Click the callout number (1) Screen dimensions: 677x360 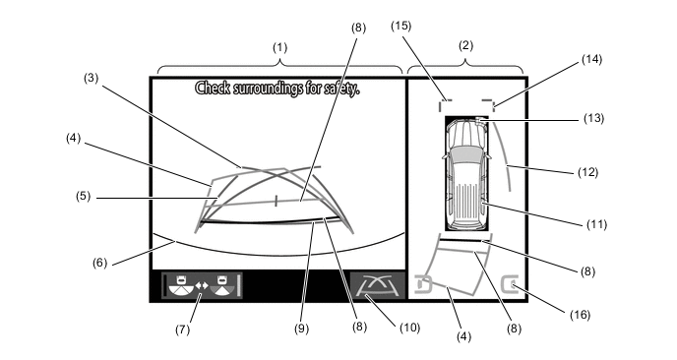coord(279,47)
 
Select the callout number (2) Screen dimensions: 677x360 coord(465,45)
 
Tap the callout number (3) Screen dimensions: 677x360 coord(92,78)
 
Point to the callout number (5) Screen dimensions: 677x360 coord(84,197)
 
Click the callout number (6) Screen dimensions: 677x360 coord(99,263)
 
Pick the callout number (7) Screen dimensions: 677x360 coord(182,330)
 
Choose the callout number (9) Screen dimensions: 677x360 coord(301,329)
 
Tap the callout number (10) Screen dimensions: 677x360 coord(409,328)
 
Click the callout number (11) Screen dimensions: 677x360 coord(596,224)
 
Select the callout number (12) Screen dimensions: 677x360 coord(588,172)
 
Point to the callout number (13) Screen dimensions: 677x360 coord(593,118)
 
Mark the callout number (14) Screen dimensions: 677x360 coord(591,59)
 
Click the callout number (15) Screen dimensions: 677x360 coord(401,26)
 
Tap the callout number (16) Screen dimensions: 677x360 coord(580,315)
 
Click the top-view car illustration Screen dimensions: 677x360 coord(466,173)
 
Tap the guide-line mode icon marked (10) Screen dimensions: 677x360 coord(378,285)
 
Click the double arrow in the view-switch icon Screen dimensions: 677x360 coord(202,285)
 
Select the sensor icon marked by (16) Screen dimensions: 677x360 coord(509,284)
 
